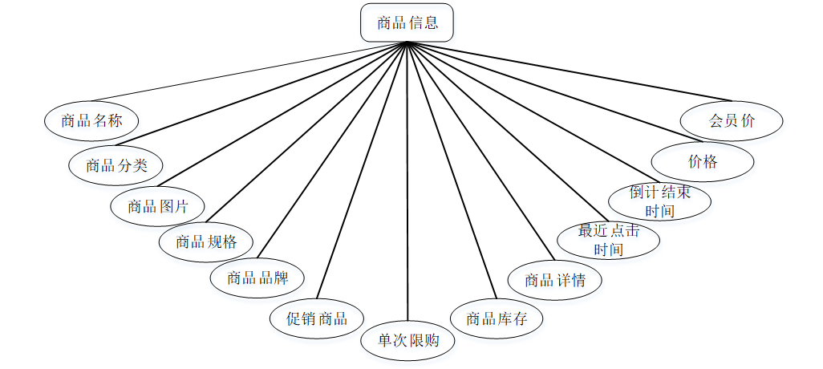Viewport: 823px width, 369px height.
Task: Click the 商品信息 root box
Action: pos(407,22)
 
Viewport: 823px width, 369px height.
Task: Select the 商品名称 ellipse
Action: pos(91,121)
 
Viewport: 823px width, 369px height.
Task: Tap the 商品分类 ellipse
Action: pos(116,166)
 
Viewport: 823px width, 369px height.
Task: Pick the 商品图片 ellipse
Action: pos(157,206)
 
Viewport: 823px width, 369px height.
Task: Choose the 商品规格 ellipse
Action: pos(206,241)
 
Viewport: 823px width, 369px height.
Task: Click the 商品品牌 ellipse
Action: pos(257,278)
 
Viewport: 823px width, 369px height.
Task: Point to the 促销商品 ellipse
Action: pos(318,318)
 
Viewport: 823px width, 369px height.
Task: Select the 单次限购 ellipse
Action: pos(407,340)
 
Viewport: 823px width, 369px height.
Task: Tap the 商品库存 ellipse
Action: pos(497,318)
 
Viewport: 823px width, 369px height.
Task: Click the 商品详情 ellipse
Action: pos(554,280)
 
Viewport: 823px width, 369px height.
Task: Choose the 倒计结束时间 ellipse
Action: pos(660,201)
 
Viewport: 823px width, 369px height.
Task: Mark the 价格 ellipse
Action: pos(703,161)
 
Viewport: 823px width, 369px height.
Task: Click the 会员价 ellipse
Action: pos(732,121)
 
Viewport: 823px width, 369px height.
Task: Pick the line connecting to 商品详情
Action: pos(481,152)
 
